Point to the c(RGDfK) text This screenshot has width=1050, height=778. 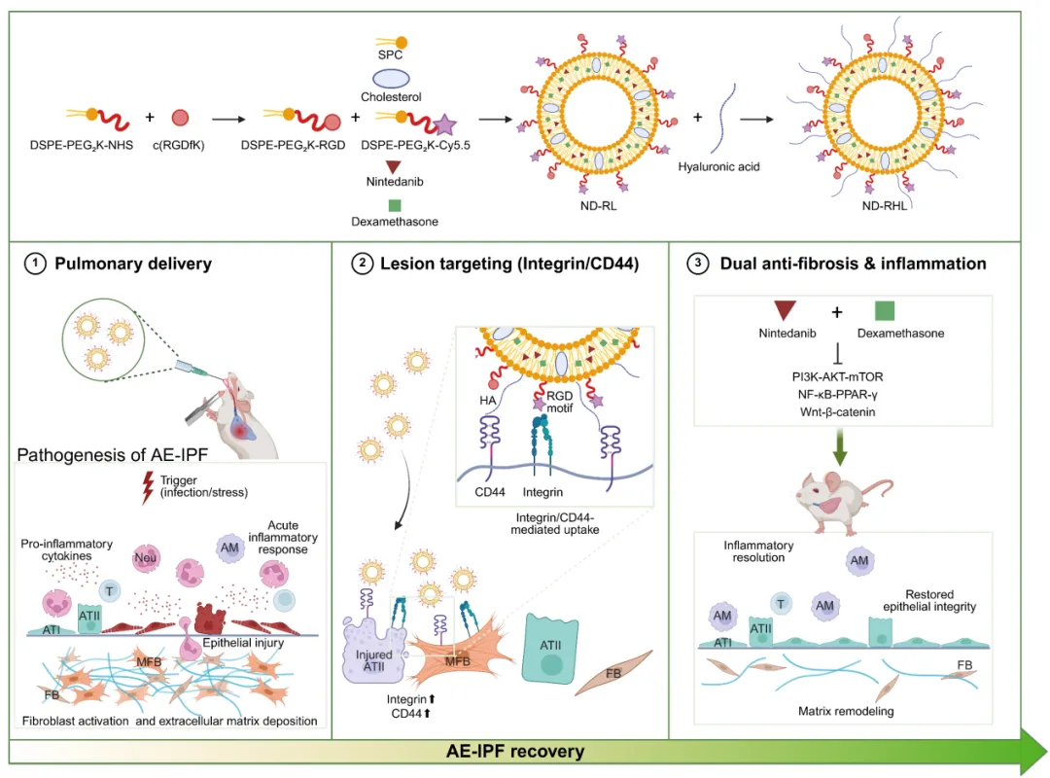point(181,146)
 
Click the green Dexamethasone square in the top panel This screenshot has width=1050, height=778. point(395,205)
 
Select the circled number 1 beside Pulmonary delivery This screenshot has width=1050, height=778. point(36,264)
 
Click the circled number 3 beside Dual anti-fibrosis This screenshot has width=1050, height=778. point(699,264)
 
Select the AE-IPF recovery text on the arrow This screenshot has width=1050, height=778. point(515,752)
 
